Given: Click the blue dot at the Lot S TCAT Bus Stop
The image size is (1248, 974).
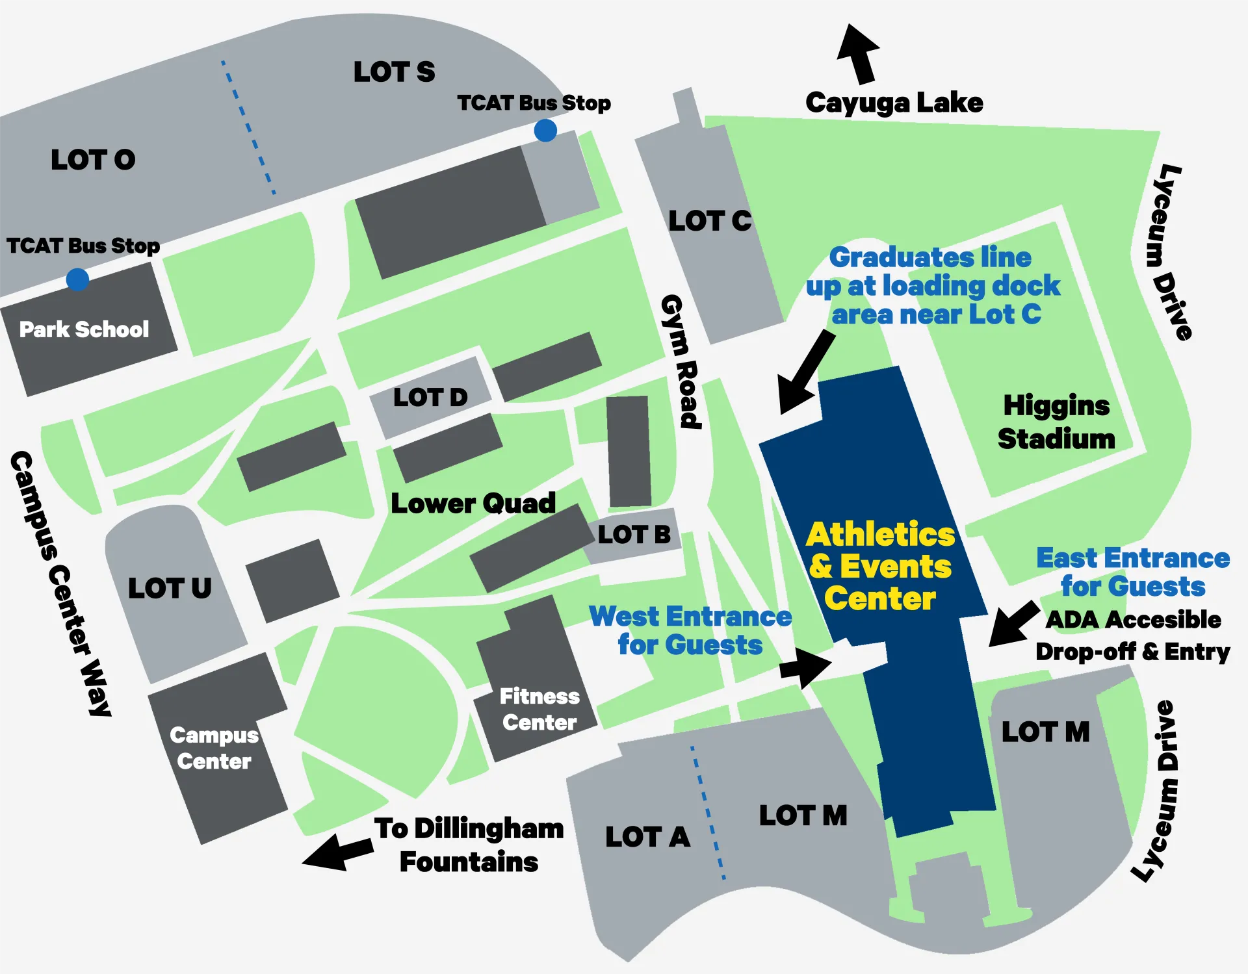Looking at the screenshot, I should coord(545,131).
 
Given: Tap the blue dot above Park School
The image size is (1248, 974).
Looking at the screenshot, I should coord(77,279).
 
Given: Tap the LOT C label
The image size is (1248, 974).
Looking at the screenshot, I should coord(710,221).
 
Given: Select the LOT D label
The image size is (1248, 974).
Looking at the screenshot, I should coord(430,397).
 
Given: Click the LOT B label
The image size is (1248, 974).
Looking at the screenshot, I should coord(634,534).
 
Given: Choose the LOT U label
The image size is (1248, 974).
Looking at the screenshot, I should coord(170,588).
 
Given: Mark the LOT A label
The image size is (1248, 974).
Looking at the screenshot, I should coord(647,837).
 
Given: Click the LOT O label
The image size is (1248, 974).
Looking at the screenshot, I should coord(93,160).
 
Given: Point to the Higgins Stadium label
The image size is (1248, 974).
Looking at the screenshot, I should coord(1056,422).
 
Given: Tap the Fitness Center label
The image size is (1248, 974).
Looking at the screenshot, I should coord(539,710).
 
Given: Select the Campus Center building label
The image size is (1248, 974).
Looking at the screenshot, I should coord(214,748).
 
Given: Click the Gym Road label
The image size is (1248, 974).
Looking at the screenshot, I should coord(681,362).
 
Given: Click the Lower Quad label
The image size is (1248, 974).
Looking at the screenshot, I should coord(473,504).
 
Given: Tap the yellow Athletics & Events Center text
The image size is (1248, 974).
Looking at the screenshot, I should coord(881,567).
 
